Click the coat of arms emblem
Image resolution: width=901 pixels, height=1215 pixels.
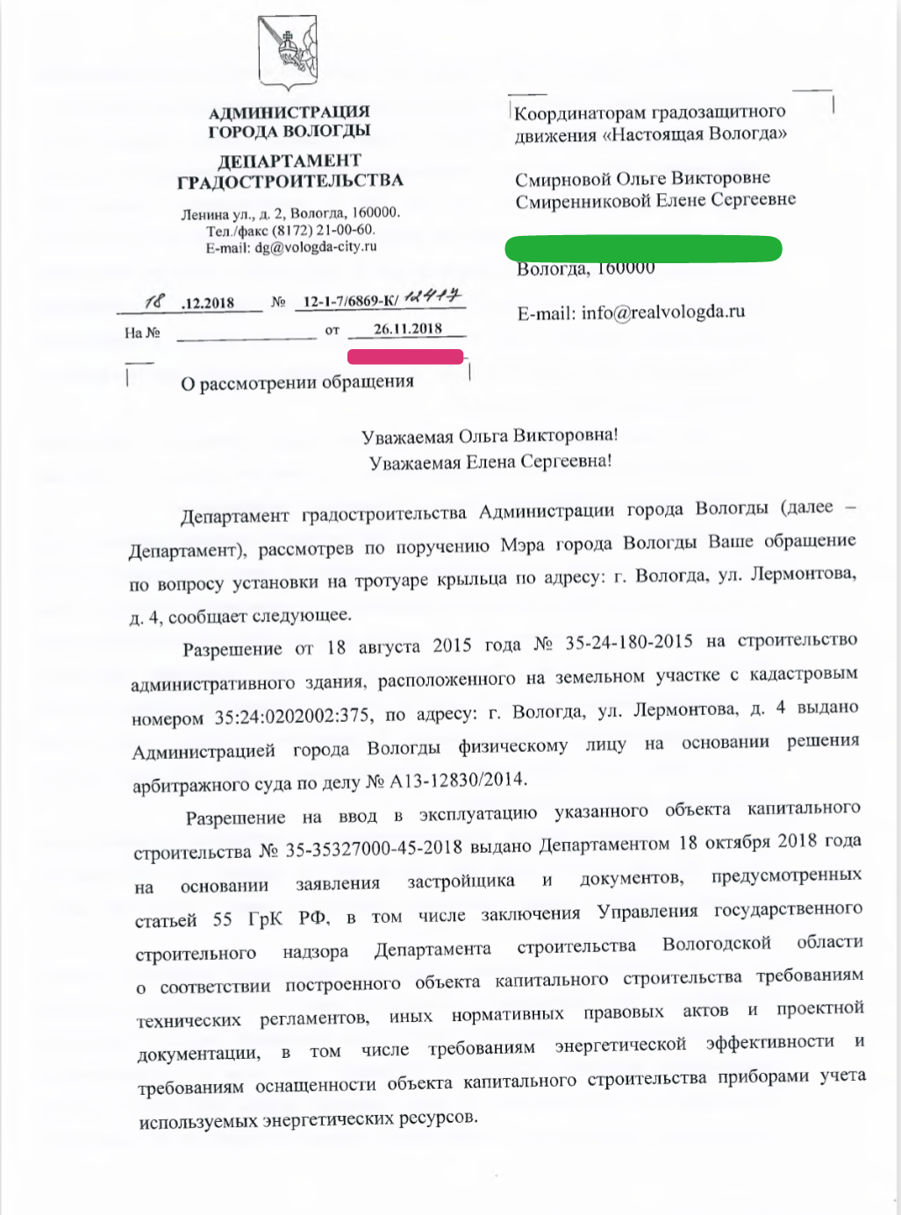click(287, 53)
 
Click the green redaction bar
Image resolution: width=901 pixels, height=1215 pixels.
click(643, 248)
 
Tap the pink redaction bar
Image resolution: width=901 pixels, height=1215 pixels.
click(405, 356)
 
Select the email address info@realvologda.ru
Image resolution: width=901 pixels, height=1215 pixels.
click(662, 311)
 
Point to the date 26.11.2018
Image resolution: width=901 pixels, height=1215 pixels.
click(407, 329)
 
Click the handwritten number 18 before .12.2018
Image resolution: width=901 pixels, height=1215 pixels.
click(155, 302)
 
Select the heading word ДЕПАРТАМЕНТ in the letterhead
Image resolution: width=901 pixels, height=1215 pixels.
click(289, 161)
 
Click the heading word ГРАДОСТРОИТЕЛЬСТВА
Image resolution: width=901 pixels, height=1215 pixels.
click(290, 182)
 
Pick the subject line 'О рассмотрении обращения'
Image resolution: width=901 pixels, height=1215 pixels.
click(297, 382)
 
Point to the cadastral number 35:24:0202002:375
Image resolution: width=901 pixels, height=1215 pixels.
click(291, 717)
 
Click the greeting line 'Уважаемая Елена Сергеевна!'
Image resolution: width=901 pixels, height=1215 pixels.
click(490, 461)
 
